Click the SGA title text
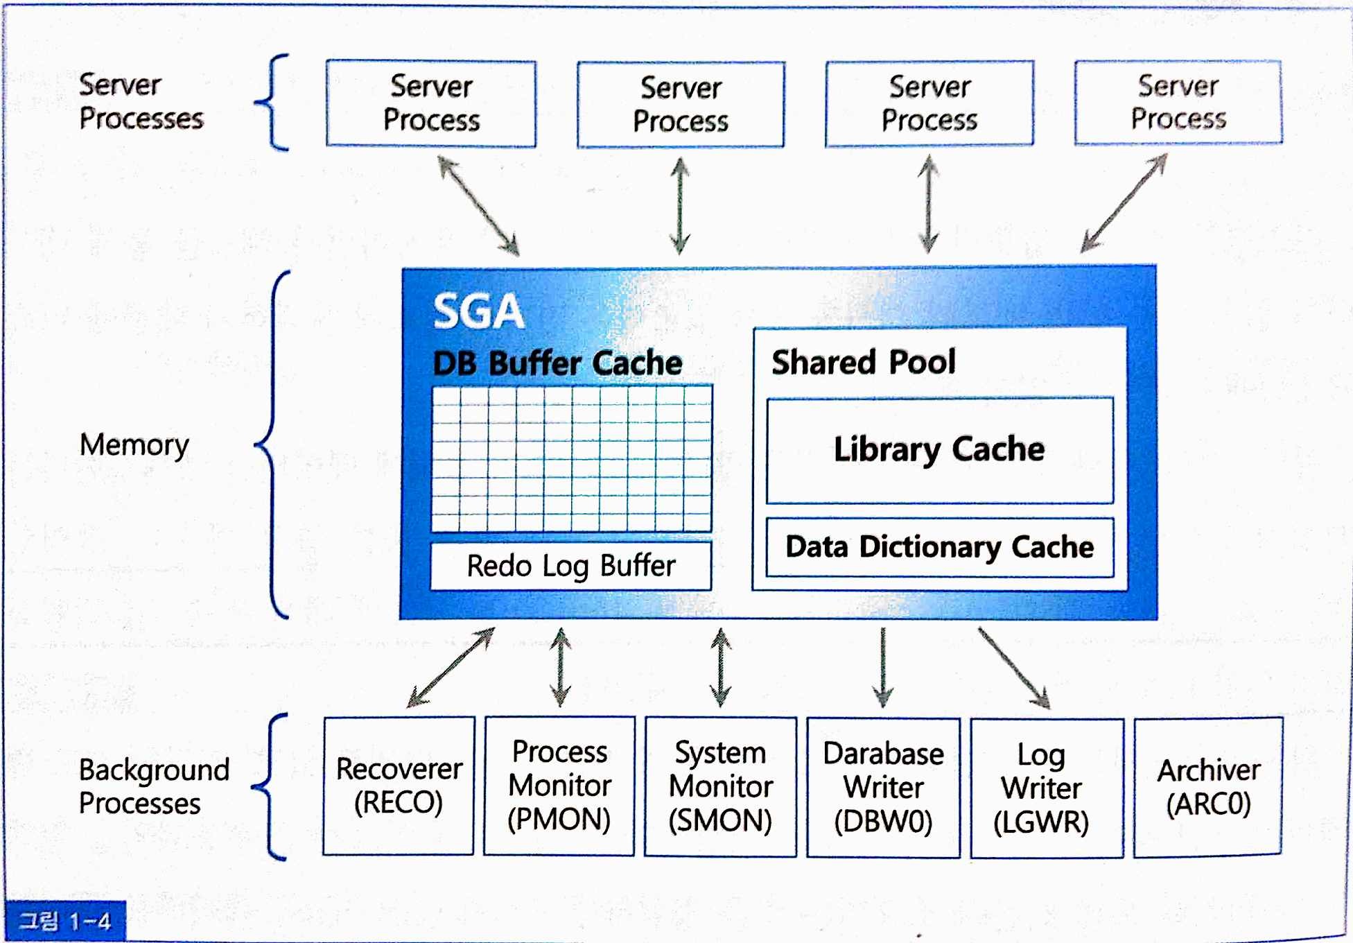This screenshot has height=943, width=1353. click(x=478, y=311)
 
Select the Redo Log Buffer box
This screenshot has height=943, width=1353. click(x=570, y=566)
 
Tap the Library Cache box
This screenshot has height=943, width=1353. click(x=939, y=450)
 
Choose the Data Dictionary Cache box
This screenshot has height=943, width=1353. click(x=939, y=547)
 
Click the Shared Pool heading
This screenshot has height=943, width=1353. click(x=864, y=362)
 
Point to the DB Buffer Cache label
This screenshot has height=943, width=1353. click(x=557, y=363)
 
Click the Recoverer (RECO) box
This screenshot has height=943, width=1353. click(x=399, y=786)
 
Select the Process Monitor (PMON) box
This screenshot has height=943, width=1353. click(x=559, y=786)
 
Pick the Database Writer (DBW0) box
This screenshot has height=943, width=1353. click(x=883, y=788)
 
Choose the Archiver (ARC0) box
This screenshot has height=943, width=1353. click(x=1208, y=788)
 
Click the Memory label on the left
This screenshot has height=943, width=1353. click(x=134, y=445)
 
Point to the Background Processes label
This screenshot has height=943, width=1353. click(x=153, y=786)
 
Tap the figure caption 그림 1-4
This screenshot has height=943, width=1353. click(x=64, y=922)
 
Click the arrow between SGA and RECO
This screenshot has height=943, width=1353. click(x=451, y=667)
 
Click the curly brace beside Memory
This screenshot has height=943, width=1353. click(x=272, y=444)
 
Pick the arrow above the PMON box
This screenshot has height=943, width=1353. click(x=561, y=667)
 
